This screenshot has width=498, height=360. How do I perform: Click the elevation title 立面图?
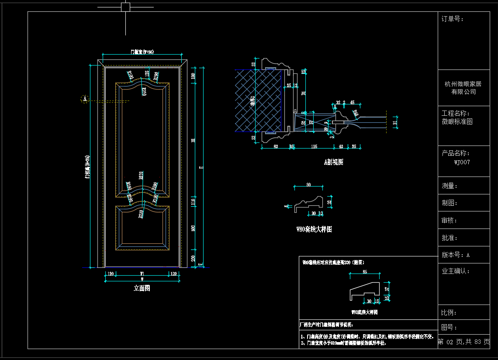pos(142,288)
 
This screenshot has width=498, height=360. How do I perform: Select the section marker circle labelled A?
pos(85,99)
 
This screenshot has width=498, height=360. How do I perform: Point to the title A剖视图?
pos(333,162)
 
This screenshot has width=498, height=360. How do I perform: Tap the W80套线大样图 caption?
pos(314,229)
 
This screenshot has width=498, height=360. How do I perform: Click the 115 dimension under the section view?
pos(314,146)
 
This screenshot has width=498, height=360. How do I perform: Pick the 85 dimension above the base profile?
pos(365,272)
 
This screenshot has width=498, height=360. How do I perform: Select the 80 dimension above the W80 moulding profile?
pos(308,185)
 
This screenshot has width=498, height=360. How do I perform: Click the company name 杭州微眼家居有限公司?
pos(463,88)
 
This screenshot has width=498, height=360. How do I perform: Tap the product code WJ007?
pos(462,162)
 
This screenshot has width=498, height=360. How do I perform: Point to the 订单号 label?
pos(453,19)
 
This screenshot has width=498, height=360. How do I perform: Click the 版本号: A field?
pos(456,255)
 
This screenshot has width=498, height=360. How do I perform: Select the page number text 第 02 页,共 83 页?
pos(463,342)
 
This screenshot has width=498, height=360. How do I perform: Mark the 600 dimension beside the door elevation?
pos(193,228)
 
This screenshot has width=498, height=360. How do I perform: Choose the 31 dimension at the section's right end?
pos(395,123)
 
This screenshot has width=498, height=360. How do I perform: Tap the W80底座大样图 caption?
pos(364,312)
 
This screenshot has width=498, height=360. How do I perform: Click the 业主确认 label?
pos(456,271)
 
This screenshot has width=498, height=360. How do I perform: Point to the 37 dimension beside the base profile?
pos(387,288)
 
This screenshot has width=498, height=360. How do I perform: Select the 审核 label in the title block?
pos(450,221)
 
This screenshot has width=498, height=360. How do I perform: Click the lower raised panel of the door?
pos(142,227)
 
